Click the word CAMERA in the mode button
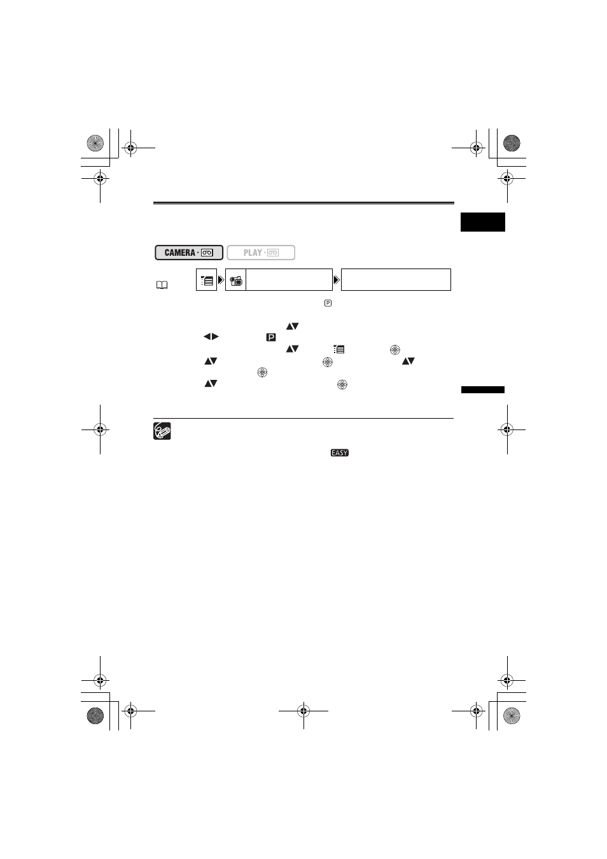(x=179, y=253)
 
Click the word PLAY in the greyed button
(x=253, y=253)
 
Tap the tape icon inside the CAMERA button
(x=207, y=253)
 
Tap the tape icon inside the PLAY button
(x=273, y=253)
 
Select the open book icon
(x=162, y=285)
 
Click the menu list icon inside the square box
(x=207, y=281)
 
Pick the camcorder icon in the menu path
(x=236, y=281)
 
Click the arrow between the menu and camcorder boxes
(x=221, y=280)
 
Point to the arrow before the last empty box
(x=337, y=280)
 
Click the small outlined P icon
(x=328, y=303)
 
